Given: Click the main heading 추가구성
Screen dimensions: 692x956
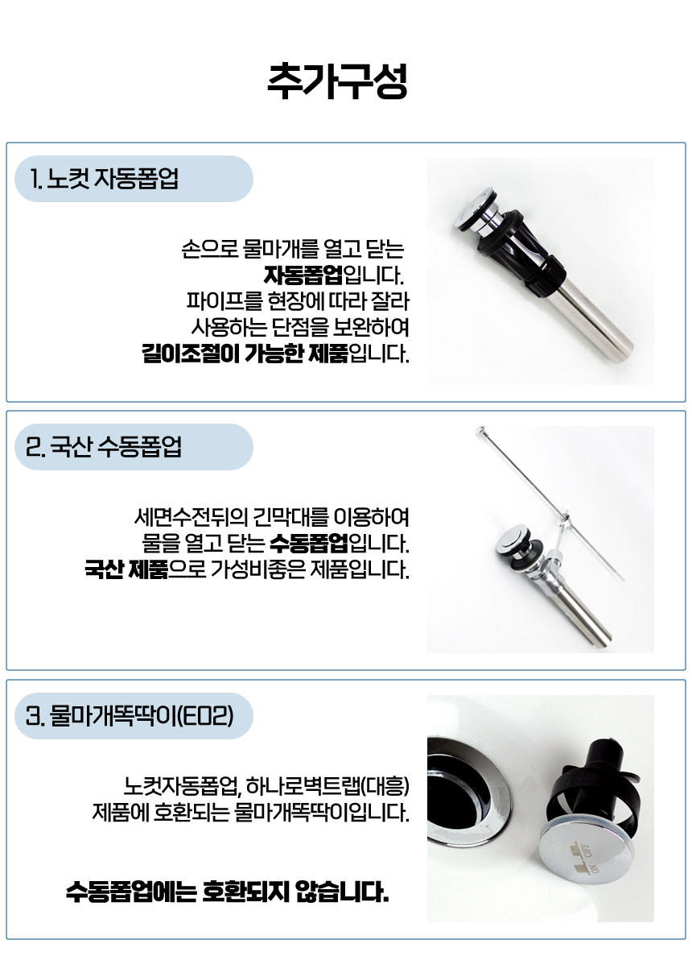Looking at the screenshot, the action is click(337, 81).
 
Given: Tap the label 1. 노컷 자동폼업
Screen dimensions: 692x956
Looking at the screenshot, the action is click(104, 179).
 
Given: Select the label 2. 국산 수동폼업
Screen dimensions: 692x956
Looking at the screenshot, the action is click(104, 447).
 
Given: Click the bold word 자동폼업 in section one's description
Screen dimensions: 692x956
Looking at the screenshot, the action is click(303, 275).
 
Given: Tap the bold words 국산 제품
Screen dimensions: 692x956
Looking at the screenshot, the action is click(126, 569).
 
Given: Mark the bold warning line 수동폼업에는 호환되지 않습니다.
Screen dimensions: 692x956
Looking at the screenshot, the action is click(227, 892).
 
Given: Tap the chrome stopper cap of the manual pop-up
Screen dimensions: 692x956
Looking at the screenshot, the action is click(513, 540).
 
